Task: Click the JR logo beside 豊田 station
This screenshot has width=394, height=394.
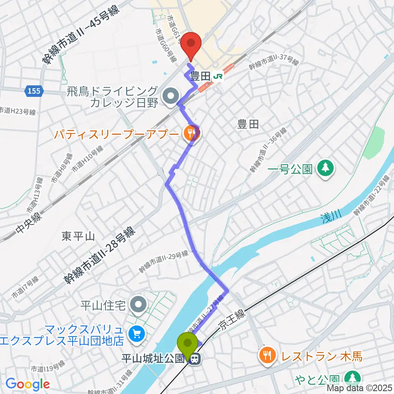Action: (219, 76)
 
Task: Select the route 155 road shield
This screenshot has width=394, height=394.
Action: (34, 91)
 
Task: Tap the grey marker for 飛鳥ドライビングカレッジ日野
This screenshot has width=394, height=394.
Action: (169, 97)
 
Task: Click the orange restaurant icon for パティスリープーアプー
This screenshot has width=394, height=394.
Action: (190, 133)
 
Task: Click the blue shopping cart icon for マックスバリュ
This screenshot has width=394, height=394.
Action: (135, 335)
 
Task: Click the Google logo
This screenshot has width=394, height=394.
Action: (27, 384)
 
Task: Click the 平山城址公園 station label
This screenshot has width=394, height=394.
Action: (152, 359)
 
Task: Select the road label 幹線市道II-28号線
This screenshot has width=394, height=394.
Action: (99, 255)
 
